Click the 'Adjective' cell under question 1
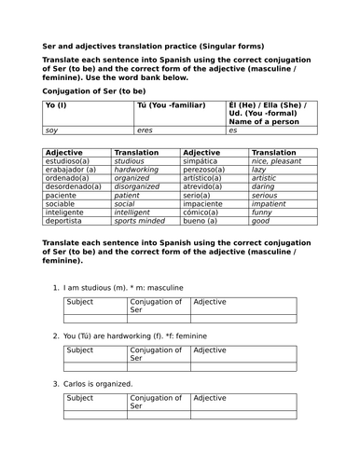point(209,302)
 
